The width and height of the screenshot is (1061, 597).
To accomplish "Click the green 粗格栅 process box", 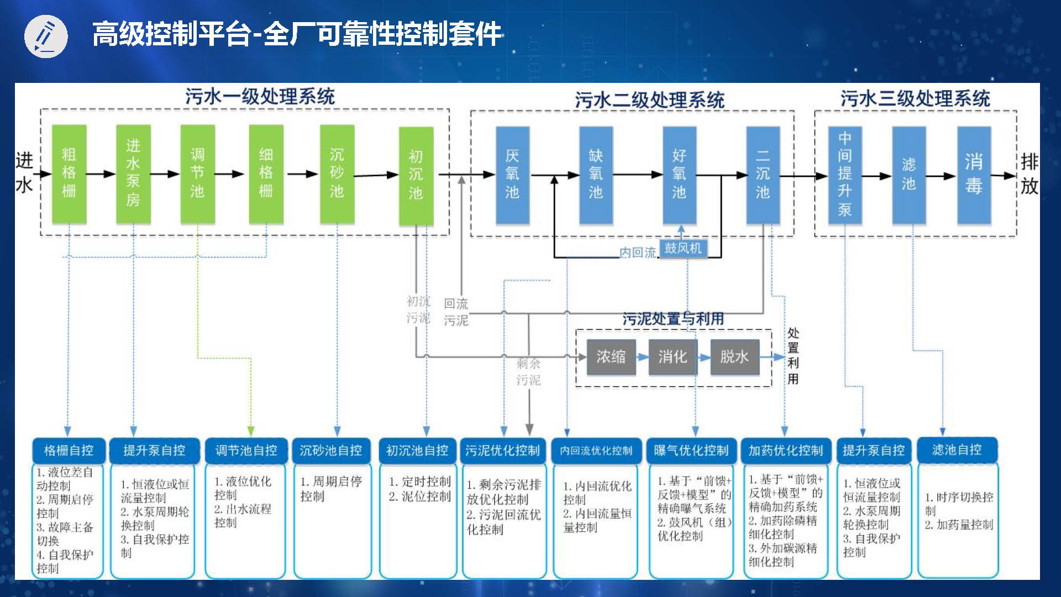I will point(69,174).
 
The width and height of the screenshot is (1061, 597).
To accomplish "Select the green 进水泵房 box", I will point(133,174).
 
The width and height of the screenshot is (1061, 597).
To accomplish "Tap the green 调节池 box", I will point(197,174).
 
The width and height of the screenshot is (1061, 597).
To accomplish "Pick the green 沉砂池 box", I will point(337,174).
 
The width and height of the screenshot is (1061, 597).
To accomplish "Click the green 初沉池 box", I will point(416,176).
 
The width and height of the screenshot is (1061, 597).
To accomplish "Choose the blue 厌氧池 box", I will point(512,175).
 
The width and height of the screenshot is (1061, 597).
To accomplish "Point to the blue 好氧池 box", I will point(679,175).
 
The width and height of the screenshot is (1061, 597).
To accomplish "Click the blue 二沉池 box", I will point(763,175).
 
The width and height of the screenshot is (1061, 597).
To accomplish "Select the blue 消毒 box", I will point(974,175).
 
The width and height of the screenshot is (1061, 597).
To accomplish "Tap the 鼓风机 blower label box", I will point(683,248).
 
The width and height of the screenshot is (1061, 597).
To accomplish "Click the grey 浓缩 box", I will point(611,357).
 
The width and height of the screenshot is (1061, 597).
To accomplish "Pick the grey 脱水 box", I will point(734,357).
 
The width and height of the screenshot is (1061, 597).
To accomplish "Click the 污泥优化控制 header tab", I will point(502,451).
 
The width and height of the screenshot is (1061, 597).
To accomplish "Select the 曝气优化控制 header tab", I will point(691,451).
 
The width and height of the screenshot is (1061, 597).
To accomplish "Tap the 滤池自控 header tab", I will point(957,450).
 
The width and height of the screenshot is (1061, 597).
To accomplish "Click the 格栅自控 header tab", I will point(69,451).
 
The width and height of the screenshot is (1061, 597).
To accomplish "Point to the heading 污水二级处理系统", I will point(649,100).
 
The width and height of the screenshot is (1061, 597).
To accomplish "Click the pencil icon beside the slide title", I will point(46,36).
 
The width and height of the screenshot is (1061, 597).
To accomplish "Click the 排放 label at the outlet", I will point(1029,174).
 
